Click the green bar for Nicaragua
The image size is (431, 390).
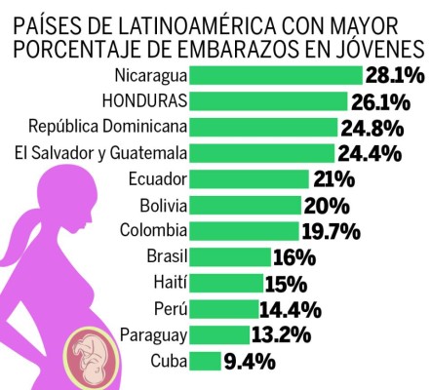click(275, 75)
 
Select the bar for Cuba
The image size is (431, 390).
click(206, 362)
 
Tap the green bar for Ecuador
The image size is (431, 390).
click(250, 178)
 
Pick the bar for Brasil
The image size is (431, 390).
click(230, 257)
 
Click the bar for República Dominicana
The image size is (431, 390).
click(263, 127)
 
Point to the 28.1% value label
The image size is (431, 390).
click(394, 75)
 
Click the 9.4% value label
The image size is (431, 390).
click(250, 362)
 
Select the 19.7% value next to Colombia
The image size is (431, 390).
click(332, 231)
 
